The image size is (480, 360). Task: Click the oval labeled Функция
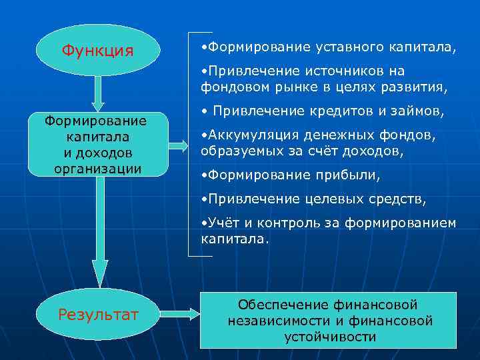point(97,50)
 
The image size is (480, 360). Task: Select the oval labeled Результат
point(98,314)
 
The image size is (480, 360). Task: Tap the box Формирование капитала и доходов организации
point(97,144)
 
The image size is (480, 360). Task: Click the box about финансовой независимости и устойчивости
point(329,321)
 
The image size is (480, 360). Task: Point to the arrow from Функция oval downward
point(98,93)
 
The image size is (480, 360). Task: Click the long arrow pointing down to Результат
point(100,233)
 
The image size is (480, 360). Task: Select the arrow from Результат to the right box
point(181,313)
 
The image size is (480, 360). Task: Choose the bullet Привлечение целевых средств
point(313,199)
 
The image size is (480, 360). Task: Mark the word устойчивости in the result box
point(330,337)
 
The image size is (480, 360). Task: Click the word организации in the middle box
point(97,168)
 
